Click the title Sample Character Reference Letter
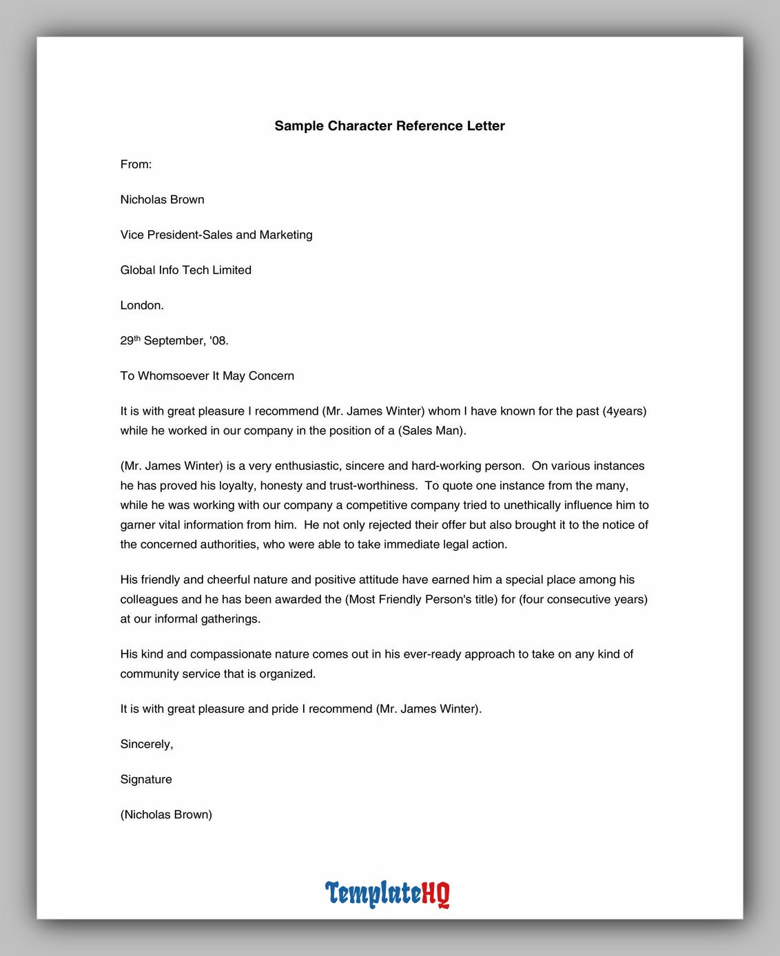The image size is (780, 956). [389, 126]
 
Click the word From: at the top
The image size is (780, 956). [136, 165]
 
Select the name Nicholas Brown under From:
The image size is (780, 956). [162, 200]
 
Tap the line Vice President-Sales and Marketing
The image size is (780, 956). [216, 235]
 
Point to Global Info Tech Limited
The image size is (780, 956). [185, 270]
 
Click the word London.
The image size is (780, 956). [142, 305]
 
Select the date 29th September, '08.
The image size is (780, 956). [174, 341]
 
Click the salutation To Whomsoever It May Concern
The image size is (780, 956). [207, 376]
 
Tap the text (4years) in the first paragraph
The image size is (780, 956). [624, 411]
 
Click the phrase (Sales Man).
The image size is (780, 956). [432, 431]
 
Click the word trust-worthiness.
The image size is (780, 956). [373, 486]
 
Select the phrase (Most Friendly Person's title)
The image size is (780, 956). [421, 600]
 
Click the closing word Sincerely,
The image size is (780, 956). [147, 745]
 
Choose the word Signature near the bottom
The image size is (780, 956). [146, 780]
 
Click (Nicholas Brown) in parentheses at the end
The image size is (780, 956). [166, 815]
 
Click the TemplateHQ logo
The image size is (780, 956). [387, 894]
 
